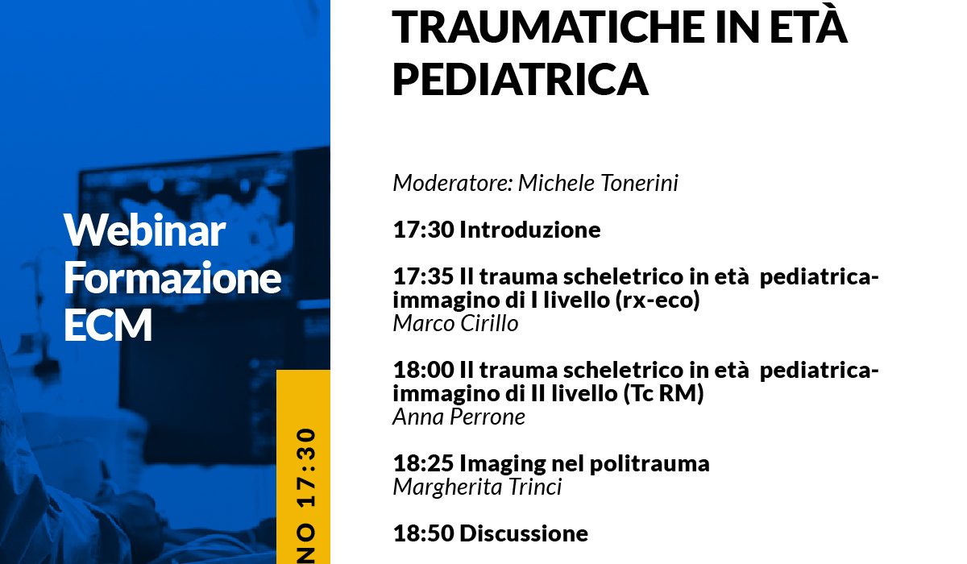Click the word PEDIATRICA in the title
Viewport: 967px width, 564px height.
[x=521, y=79]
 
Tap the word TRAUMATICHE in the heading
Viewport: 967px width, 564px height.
[x=549, y=27]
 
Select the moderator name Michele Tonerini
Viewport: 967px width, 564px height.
[x=598, y=183]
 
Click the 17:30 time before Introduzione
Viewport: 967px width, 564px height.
[x=424, y=229]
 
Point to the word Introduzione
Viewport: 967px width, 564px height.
[x=529, y=229]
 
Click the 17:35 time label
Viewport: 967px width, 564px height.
[x=424, y=276]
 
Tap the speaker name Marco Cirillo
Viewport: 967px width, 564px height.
[x=455, y=323]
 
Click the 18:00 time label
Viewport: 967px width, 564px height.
[x=424, y=370]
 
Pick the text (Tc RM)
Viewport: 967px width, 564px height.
[x=663, y=393]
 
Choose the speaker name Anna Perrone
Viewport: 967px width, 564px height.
[x=459, y=417]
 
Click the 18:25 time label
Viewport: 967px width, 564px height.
[x=424, y=463]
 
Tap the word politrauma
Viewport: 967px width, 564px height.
[x=650, y=464]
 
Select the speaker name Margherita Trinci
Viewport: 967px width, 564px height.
[x=477, y=487]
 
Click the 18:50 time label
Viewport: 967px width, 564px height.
[x=424, y=533]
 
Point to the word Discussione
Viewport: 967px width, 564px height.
[x=524, y=533]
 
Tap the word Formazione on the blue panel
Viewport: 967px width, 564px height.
[x=172, y=277]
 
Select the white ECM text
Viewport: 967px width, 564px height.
[x=108, y=324]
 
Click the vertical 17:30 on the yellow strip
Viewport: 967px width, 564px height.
[x=306, y=468]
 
